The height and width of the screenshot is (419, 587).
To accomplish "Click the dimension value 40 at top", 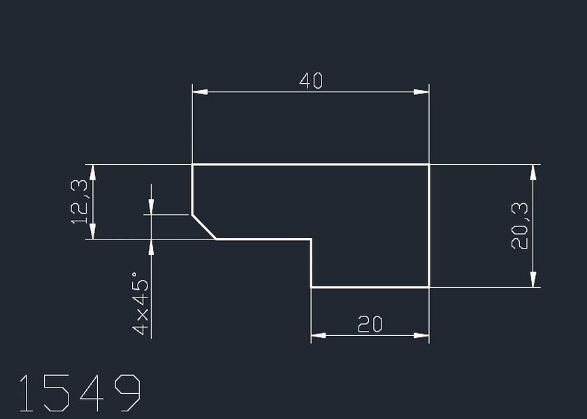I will tap(311, 81).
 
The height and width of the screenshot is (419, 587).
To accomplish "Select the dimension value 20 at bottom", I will tap(370, 325).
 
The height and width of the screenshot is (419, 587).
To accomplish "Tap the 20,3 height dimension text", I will tap(519, 226).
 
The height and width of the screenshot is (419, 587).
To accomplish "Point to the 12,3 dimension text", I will tap(79, 202).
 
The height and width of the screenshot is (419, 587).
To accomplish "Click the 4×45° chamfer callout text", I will tap(140, 307).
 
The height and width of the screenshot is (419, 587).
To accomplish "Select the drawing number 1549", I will tap(79, 393).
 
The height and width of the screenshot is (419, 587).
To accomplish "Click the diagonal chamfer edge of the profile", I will tap(204, 227).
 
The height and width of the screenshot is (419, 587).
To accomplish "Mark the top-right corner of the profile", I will tap(429, 164).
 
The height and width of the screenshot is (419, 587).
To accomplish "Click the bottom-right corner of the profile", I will tap(429, 287).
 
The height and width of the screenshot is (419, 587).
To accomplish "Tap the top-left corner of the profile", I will tap(192, 164).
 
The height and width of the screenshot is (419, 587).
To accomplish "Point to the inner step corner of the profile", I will tap(311, 240).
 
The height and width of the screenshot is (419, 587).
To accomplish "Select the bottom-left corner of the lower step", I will tap(311, 287).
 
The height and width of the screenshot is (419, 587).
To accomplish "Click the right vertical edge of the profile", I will tap(429, 226).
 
